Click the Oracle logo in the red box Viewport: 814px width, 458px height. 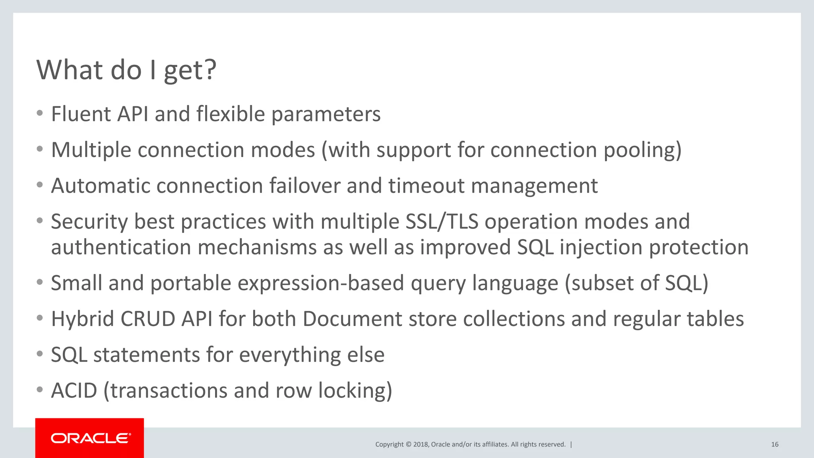(90, 438)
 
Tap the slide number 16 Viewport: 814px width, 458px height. (775, 444)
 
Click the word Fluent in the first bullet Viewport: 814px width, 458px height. (81, 114)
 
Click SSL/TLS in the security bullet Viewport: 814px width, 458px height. (442, 221)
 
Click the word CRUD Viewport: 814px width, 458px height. (147, 319)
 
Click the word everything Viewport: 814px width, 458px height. (290, 355)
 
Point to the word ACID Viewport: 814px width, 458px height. (74, 390)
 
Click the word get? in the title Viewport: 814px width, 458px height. (190, 70)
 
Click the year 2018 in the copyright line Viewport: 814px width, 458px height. (421, 444)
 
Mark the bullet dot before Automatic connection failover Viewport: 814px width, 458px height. (39, 185)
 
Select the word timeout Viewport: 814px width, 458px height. (426, 186)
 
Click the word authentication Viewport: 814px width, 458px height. (121, 247)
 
